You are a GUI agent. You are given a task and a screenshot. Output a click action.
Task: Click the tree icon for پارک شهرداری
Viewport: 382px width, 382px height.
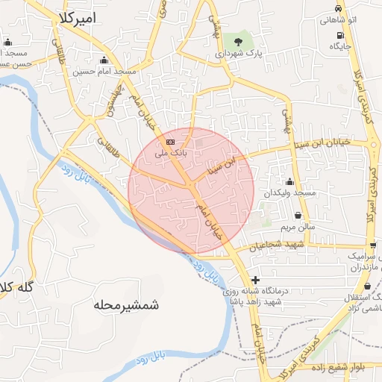click(x=238, y=40)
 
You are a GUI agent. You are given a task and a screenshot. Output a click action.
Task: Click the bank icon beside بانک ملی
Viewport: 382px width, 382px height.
click(x=170, y=141)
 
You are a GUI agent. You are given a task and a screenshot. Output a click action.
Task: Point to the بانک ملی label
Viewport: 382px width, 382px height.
click(x=168, y=152)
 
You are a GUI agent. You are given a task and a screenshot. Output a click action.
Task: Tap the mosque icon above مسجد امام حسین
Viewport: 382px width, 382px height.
click(x=104, y=60)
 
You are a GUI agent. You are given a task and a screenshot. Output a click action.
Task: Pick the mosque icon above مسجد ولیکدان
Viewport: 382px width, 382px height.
click(x=289, y=181)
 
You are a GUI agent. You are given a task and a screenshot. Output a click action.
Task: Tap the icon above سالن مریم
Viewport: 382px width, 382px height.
click(x=298, y=215)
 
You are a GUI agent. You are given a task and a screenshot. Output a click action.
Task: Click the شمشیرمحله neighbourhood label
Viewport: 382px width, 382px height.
click(x=128, y=305)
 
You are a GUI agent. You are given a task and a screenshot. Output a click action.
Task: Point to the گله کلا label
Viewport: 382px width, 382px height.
click(x=15, y=288)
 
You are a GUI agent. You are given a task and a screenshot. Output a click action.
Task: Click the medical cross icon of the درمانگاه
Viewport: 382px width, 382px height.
click(x=256, y=280)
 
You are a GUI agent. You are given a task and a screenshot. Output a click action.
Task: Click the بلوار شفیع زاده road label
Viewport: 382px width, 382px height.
click(x=350, y=367)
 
